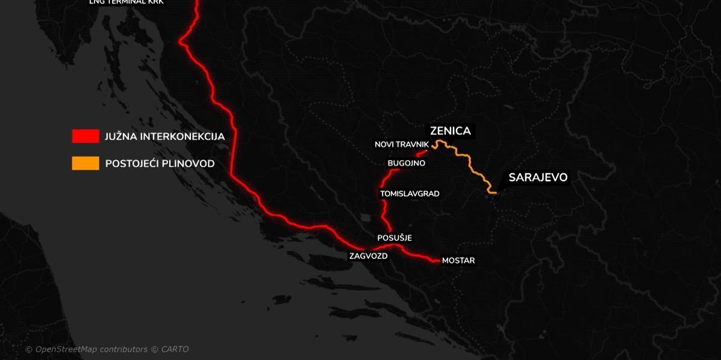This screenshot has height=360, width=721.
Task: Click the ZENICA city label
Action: [450, 131]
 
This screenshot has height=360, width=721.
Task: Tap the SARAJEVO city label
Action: [538, 178]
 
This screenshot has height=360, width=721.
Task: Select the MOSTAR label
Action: [458, 261]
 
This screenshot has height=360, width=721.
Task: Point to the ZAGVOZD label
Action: [368, 256]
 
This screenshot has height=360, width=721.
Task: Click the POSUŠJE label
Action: [395, 238]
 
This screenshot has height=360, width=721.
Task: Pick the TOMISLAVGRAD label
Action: [410, 194]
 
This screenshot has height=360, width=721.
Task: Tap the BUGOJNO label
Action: [406, 163]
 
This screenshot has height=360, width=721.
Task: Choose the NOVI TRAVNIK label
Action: [402, 144]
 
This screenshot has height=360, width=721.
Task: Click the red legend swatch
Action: [86, 137]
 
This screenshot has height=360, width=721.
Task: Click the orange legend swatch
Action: [86, 163]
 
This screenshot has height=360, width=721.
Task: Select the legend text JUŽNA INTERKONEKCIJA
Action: [164, 137]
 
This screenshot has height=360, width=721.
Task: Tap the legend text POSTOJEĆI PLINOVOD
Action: [160, 164]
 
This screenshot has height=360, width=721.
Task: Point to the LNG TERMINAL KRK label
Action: [126, 2]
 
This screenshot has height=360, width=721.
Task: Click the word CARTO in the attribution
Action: [175, 349]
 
